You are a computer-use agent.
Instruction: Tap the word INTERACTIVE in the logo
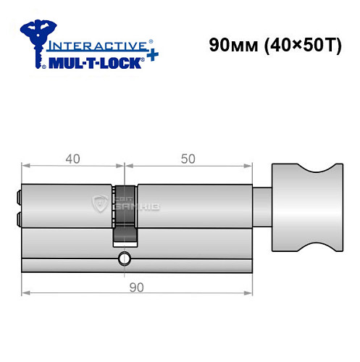point(93,45)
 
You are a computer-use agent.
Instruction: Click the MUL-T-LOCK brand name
point(94,62)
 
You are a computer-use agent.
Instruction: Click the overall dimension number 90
point(136,285)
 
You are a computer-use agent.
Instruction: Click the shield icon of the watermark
point(101,205)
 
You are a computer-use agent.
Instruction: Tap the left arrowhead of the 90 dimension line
point(25,293)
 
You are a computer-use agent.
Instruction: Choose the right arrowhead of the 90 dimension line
point(250,293)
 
